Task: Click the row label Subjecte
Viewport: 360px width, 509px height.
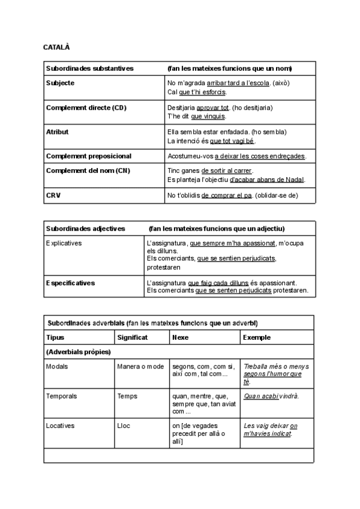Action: click(61, 83)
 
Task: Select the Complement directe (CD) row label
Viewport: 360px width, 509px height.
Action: click(87, 107)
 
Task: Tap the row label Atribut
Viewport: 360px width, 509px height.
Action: click(58, 131)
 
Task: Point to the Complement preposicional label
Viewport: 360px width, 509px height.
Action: click(88, 156)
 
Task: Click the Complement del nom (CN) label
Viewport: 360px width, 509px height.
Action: click(88, 170)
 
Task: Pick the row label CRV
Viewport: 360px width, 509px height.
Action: click(53, 195)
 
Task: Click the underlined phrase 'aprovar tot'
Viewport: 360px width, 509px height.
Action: click(213, 108)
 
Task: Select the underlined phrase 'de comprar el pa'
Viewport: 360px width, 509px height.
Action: click(227, 196)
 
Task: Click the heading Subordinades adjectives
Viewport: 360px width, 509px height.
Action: click(86, 229)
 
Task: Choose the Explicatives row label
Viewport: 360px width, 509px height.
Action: click(64, 243)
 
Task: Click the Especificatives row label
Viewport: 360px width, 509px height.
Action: click(70, 282)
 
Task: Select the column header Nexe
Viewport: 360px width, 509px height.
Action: click(180, 337)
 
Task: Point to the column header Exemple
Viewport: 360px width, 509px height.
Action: click(257, 337)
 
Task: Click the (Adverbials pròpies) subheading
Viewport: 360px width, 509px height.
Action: click(79, 352)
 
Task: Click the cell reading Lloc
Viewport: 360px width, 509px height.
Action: click(124, 426)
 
